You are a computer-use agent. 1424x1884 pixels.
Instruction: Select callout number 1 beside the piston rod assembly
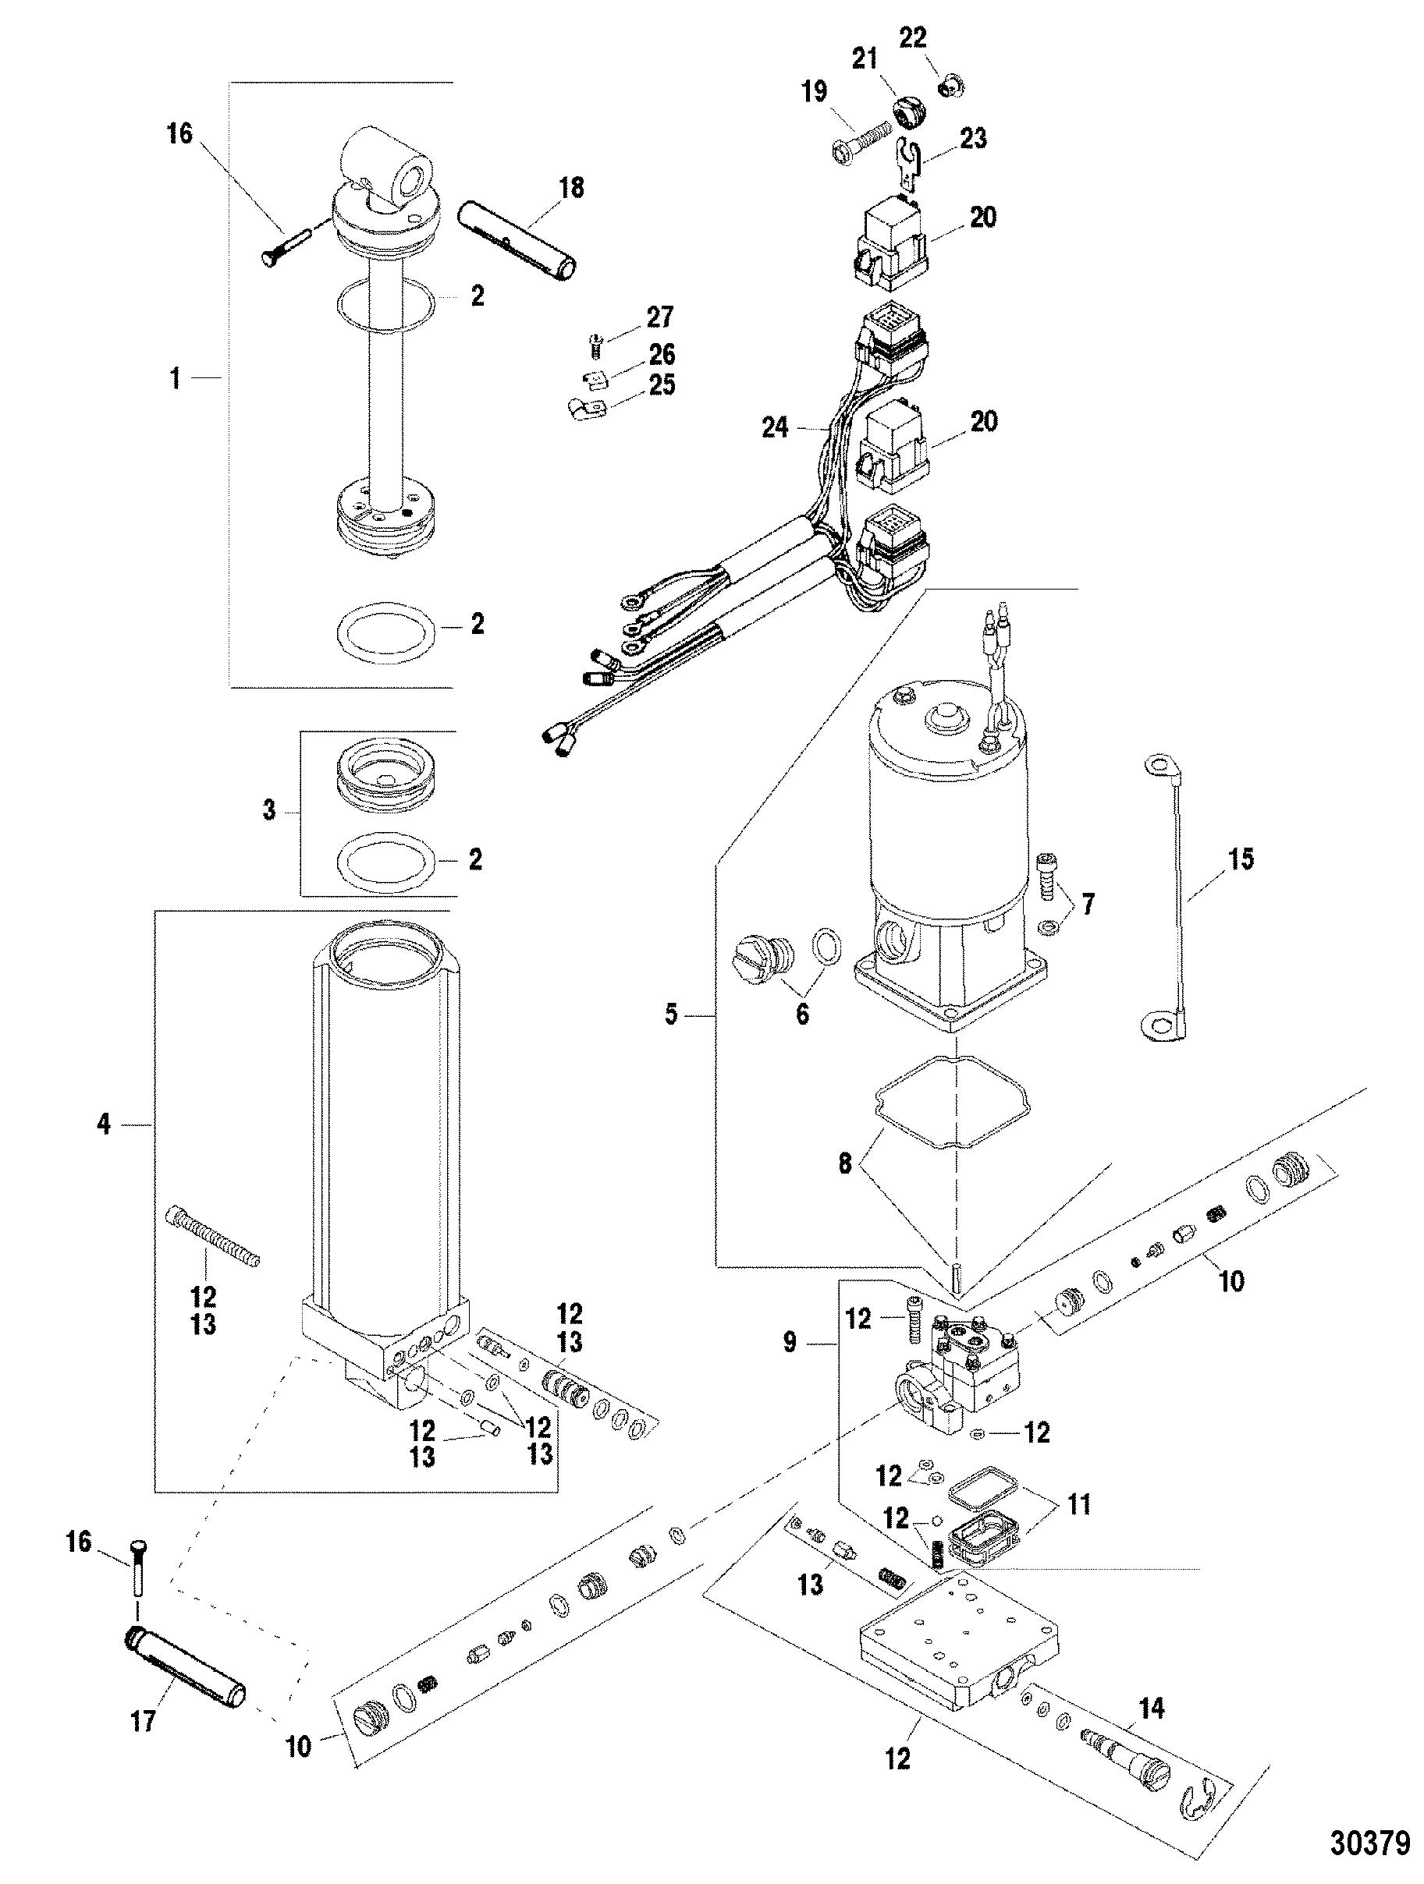click(175, 377)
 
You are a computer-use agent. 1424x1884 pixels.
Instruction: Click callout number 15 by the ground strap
click(1240, 859)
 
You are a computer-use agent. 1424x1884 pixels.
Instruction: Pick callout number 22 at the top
click(913, 38)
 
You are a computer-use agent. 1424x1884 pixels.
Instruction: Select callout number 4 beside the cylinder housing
click(103, 1124)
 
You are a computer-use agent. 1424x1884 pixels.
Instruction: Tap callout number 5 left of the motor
click(672, 1015)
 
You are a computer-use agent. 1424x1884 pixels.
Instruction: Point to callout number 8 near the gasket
click(844, 1163)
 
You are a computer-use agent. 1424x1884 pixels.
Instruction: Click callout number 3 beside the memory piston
click(268, 810)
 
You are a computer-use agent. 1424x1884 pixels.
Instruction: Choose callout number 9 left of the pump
click(789, 1342)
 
